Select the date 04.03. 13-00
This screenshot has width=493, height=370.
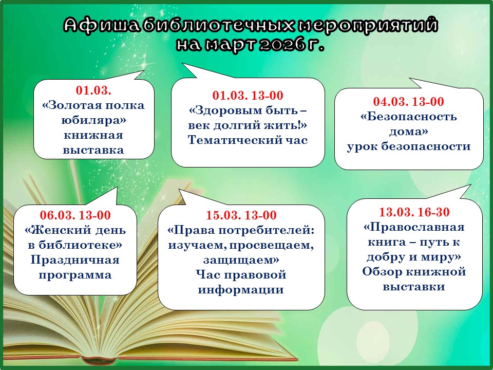[408, 101]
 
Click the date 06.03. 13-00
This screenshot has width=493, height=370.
[75, 215]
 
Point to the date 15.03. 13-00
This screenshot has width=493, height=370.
[241, 215]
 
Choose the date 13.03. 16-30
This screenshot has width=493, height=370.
[414, 212]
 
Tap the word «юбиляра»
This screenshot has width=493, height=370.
[93, 120]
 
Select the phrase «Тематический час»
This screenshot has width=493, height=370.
[248, 140]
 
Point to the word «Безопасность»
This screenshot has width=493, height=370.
[408, 117]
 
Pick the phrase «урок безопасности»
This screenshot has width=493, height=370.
[409, 146]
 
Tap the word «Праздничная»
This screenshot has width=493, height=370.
[75, 260]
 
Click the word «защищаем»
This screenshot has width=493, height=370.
[241, 260]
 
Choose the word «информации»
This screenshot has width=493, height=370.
[241, 290]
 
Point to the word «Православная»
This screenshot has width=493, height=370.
[414, 227]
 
